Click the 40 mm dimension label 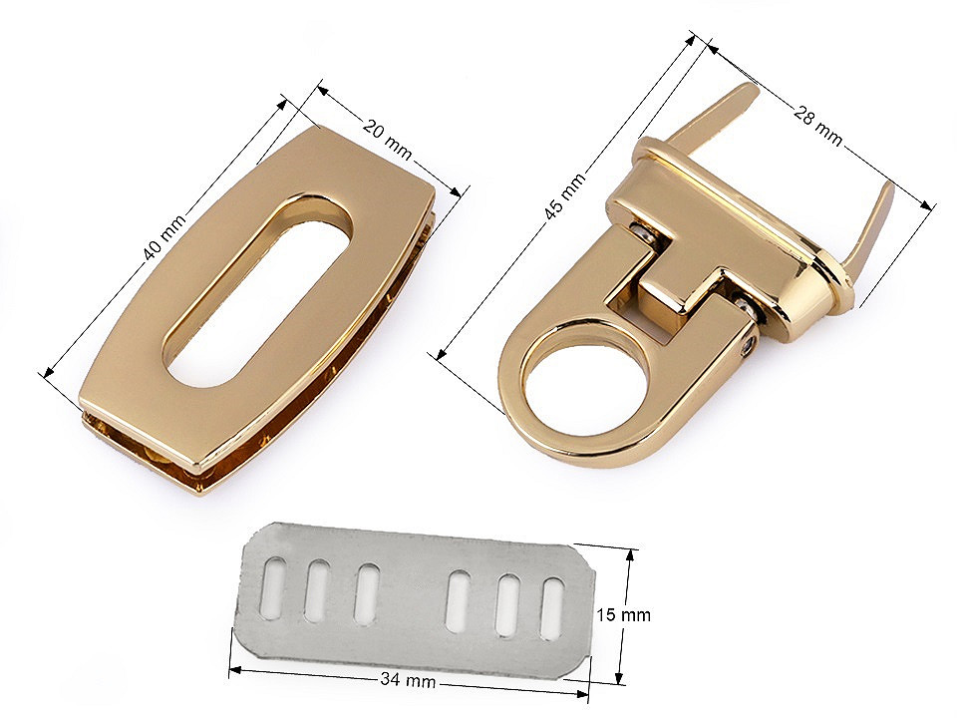coord(162,238)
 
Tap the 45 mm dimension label coord(564,194)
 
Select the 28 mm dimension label coord(817,125)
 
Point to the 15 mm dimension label coord(623,614)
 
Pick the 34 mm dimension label coord(408,679)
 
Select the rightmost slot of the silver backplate coord(551,609)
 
